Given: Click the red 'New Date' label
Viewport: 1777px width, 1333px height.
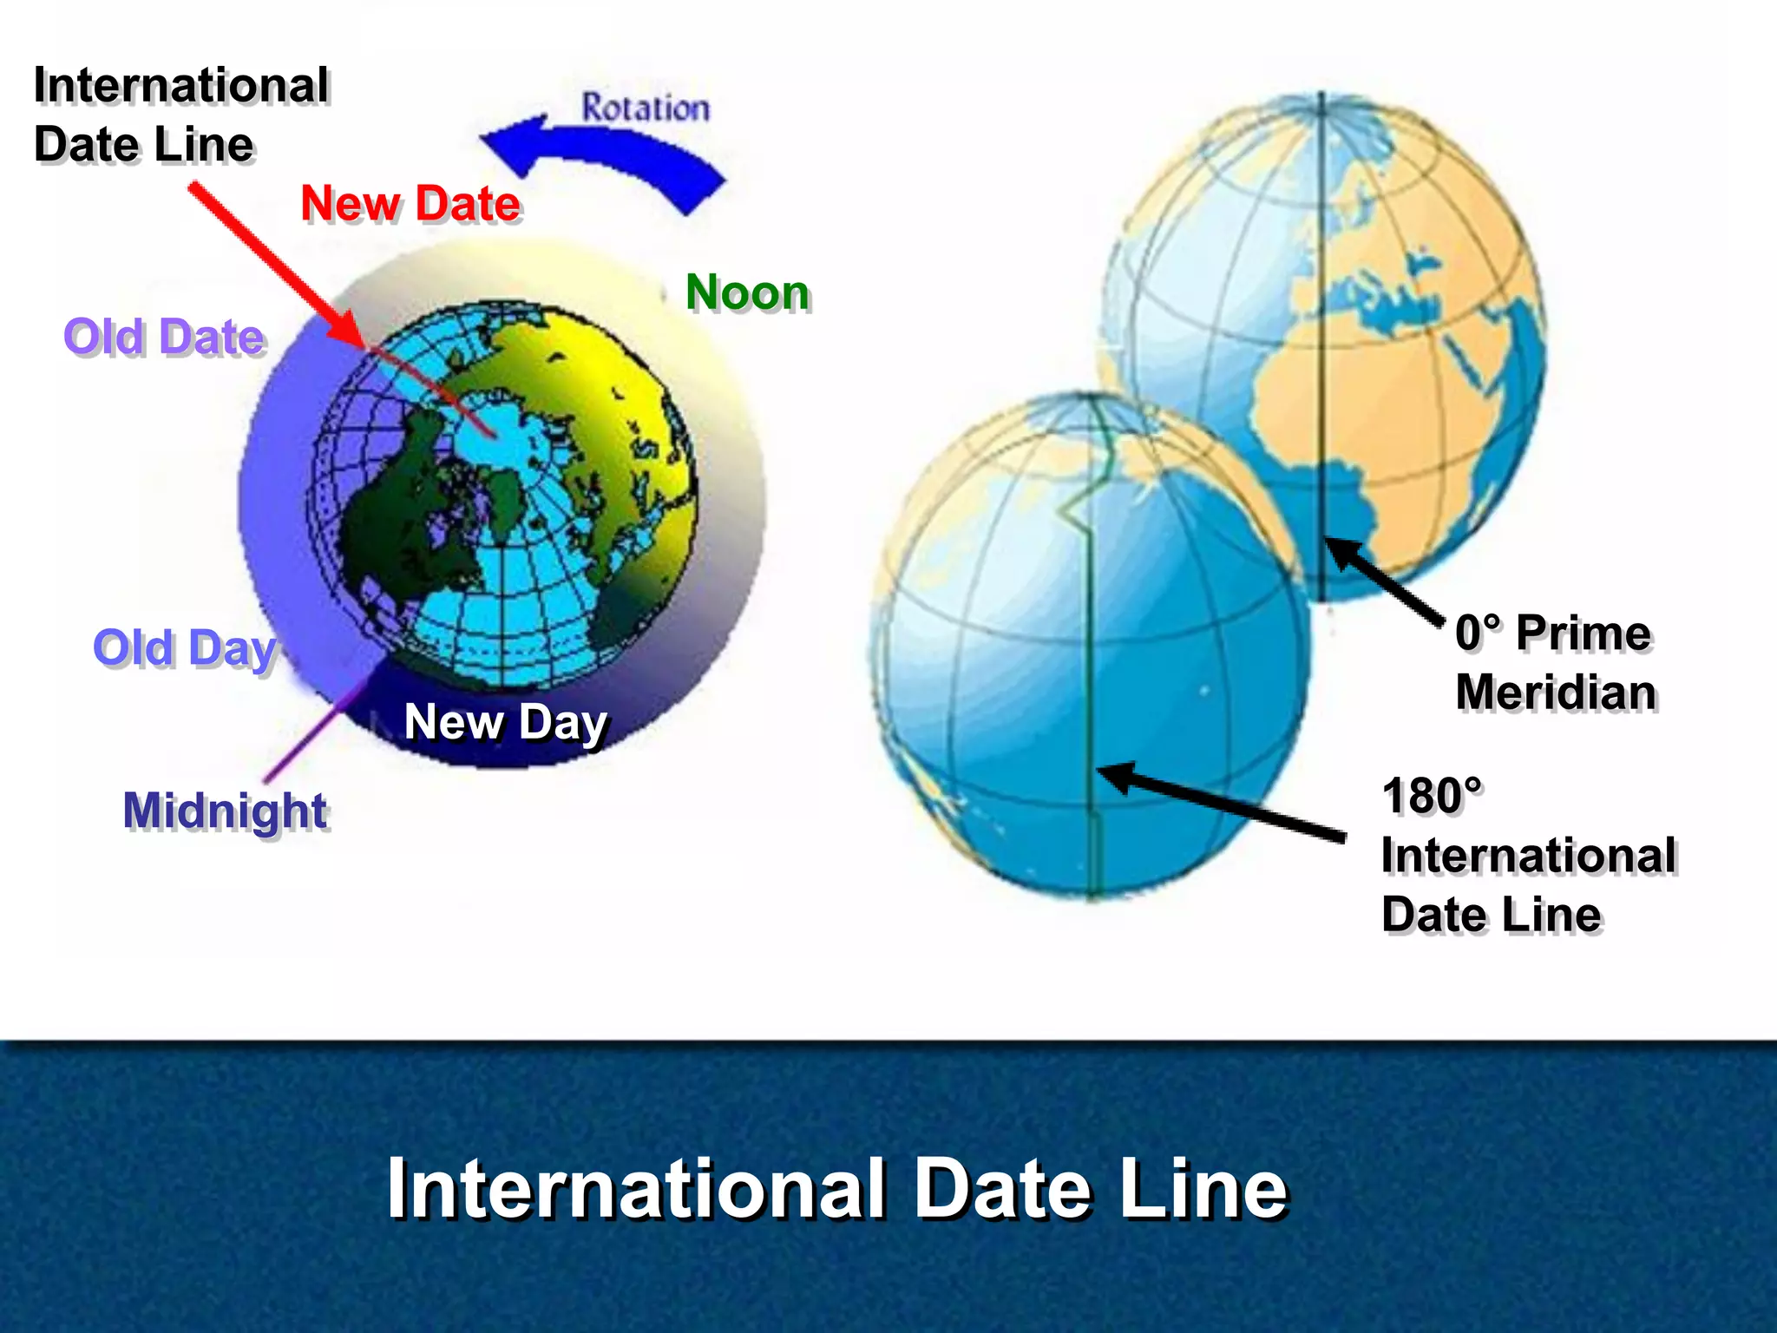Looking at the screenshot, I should (x=410, y=204).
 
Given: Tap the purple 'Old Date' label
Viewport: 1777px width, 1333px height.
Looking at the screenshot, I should (x=164, y=337).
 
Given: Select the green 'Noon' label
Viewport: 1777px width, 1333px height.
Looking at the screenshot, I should (x=747, y=292).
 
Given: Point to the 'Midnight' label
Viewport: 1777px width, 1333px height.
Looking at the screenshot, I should (x=225, y=811).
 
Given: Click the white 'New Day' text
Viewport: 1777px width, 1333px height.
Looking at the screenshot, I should (x=506, y=722).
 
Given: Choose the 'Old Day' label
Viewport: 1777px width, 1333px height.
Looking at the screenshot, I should (x=184, y=648).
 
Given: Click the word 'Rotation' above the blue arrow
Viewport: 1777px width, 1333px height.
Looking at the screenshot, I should (x=646, y=108).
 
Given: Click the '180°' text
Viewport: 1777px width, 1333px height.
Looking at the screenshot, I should (x=1433, y=797).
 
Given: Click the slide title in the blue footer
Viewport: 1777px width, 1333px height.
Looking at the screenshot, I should (x=837, y=1188).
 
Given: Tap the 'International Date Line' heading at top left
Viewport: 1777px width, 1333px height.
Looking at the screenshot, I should (x=180, y=115).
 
